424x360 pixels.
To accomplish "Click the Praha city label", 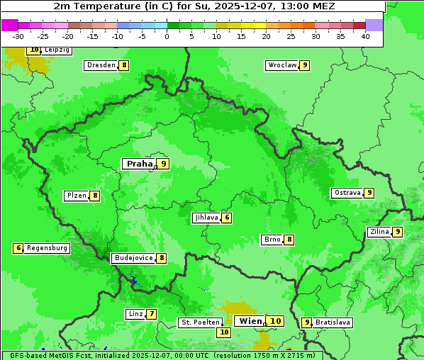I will tap(139, 164).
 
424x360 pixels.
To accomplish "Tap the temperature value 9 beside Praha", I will tap(163, 164).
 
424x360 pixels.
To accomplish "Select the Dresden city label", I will tap(101, 65).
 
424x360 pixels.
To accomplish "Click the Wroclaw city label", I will tap(281, 65).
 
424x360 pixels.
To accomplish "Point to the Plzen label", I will tap(76, 196).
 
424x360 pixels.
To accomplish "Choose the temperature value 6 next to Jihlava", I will tap(226, 218).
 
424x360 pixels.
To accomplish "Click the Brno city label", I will tap(272, 240).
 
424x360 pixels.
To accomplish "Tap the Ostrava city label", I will tap(347, 193).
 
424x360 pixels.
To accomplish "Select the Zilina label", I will tap(379, 232).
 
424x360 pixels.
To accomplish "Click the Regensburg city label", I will tap(47, 248).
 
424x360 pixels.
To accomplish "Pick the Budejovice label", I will tap(133, 258).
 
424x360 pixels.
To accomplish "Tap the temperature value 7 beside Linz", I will tap(151, 314).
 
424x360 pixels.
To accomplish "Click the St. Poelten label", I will tap(199, 322).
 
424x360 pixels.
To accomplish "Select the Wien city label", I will tap(250, 321).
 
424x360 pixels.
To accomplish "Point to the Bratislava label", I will tap(333, 322).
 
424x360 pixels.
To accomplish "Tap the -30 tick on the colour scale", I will tap(18, 36).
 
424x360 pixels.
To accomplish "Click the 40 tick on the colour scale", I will tap(365, 36).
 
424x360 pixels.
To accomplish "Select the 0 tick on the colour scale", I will tap(167, 36).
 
